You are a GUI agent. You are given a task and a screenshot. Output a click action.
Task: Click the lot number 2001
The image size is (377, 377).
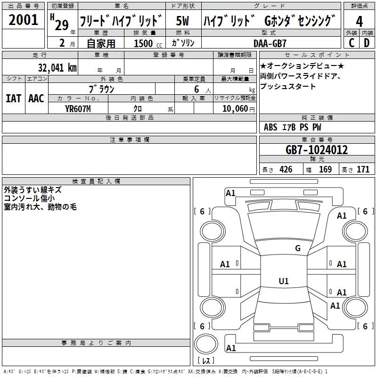pos(23,20)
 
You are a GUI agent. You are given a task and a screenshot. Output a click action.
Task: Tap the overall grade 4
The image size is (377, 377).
pos(359,21)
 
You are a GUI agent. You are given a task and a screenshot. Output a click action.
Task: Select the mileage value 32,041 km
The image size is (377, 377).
pos(57,68)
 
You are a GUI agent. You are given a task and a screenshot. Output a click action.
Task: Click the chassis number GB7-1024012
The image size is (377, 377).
pos(317,150)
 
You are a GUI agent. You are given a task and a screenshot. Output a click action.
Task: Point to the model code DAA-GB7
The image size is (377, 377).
pos(270,43)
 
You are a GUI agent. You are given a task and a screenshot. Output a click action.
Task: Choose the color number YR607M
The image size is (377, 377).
pos(78,109)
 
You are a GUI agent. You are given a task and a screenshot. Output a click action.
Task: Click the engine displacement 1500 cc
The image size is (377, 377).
pos(148,43)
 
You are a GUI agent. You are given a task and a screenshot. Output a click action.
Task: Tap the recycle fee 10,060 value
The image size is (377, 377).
pos(235,109)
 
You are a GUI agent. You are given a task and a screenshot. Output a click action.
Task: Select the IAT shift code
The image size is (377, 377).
pos(13,98)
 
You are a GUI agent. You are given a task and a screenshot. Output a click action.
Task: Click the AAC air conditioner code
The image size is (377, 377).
pos(36,98)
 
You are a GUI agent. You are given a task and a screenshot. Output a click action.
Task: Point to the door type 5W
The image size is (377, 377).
pos(182,21)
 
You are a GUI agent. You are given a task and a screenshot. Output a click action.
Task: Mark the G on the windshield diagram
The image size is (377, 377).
pos(298,248)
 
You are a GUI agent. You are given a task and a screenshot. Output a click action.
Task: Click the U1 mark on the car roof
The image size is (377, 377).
pos(284,281)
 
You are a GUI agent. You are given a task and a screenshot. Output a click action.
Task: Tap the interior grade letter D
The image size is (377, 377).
pos(367,43)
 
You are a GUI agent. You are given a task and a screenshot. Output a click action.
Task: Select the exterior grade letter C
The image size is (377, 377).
pos(352,43)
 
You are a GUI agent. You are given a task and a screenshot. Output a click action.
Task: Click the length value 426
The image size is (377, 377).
pos(286,170)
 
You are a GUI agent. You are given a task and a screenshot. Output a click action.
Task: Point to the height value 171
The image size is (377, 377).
pos(363,170)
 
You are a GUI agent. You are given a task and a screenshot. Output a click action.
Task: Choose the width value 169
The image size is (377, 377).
pos(325,170)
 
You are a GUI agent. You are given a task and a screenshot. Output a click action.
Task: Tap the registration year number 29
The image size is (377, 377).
pos(62,25)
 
